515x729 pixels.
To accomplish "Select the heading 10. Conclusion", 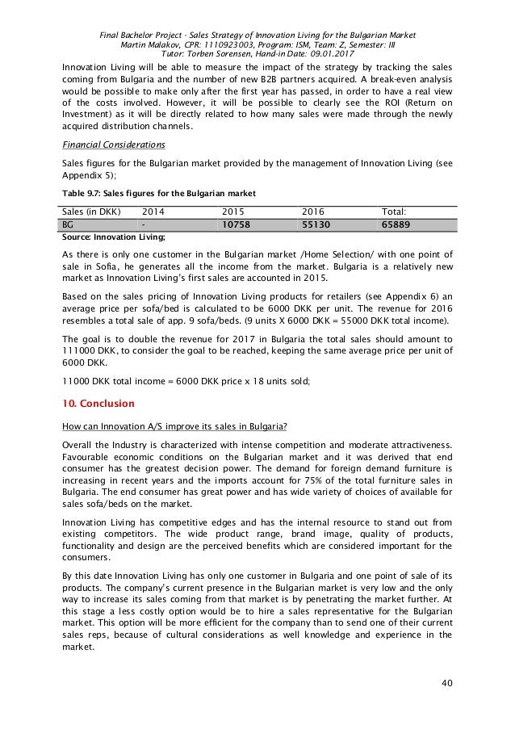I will [x=100, y=403].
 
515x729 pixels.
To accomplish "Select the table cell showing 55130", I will [x=319, y=224].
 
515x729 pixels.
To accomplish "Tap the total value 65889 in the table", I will [x=401, y=224].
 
